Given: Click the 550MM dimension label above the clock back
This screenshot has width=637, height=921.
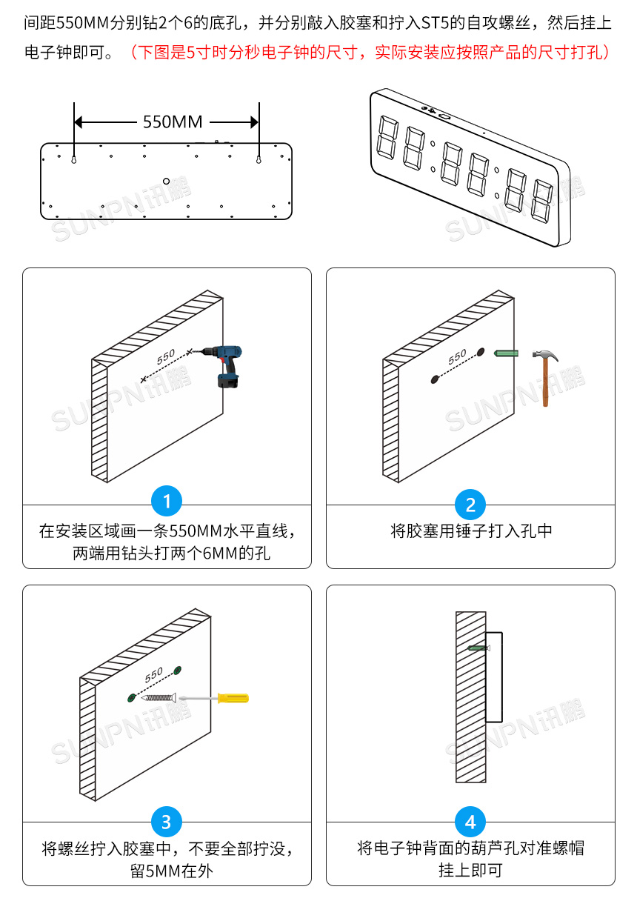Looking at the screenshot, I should [172, 122].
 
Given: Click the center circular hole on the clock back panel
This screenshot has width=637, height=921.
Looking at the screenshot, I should [167, 180].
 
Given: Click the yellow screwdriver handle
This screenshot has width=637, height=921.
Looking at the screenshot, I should [232, 697].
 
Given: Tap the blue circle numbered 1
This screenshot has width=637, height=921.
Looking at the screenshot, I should [167, 502].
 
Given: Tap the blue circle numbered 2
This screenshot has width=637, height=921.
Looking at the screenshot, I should [470, 505].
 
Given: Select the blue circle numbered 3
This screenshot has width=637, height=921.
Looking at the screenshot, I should [167, 822].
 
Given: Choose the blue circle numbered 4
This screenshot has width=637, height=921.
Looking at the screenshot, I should [470, 822].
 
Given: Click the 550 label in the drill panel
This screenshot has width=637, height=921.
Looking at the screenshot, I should [166, 356].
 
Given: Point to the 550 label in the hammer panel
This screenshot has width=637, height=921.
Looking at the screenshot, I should [458, 356].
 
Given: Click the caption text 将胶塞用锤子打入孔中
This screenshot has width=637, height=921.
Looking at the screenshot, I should [471, 531].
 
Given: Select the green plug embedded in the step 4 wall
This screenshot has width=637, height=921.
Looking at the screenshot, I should [478, 648].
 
